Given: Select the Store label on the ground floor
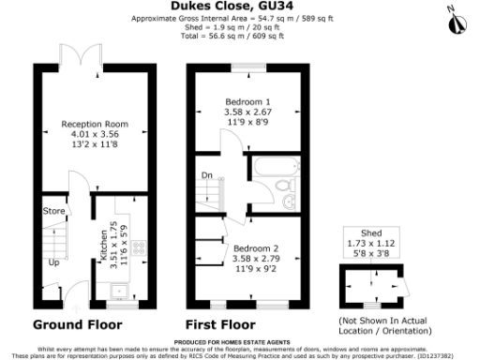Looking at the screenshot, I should (53, 212).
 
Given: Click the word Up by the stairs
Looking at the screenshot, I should (53, 262).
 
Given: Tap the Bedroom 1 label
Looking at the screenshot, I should (246, 100).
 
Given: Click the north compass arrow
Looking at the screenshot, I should (452, 16).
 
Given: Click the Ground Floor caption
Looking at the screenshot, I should (78, 325).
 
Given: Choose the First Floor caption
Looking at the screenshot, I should (223, 325).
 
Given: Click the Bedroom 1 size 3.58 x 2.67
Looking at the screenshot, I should (246, 112).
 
